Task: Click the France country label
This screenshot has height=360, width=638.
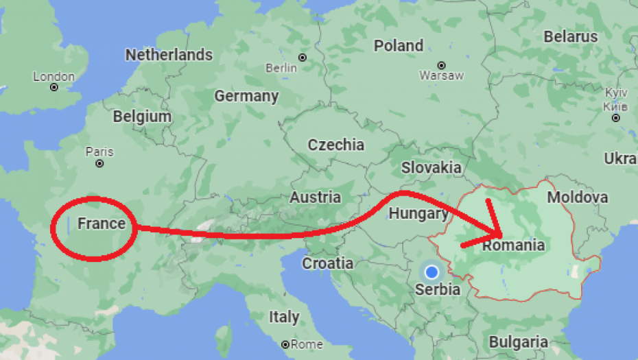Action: (x=102, y=224)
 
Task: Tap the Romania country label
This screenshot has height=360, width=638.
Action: (x=514, y=245)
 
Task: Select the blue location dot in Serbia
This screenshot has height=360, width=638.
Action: (x=432, y=272)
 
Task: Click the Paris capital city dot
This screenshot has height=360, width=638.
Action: (x=100, y=165)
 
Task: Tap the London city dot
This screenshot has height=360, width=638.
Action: (x=54, y=88)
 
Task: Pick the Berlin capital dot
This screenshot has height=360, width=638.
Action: (x=303, y=56)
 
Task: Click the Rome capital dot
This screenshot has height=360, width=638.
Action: (x=285, y=344)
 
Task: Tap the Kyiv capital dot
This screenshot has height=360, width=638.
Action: (x=616, y=117)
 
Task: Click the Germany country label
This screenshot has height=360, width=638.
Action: (x=246, y=96)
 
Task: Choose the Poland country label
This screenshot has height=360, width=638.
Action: (x=399, y=46)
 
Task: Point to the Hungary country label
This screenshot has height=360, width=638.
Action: (x=418, y=213)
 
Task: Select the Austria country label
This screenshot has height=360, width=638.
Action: (x=315, y=197)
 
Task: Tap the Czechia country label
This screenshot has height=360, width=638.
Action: (x=335, y=145)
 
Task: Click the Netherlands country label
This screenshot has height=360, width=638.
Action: (x=169, y=55)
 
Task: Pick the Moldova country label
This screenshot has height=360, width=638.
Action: (x=577, y=197)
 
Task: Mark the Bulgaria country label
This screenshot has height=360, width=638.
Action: (x=518, y=341)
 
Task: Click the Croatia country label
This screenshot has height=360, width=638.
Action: (x=328, y=263)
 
